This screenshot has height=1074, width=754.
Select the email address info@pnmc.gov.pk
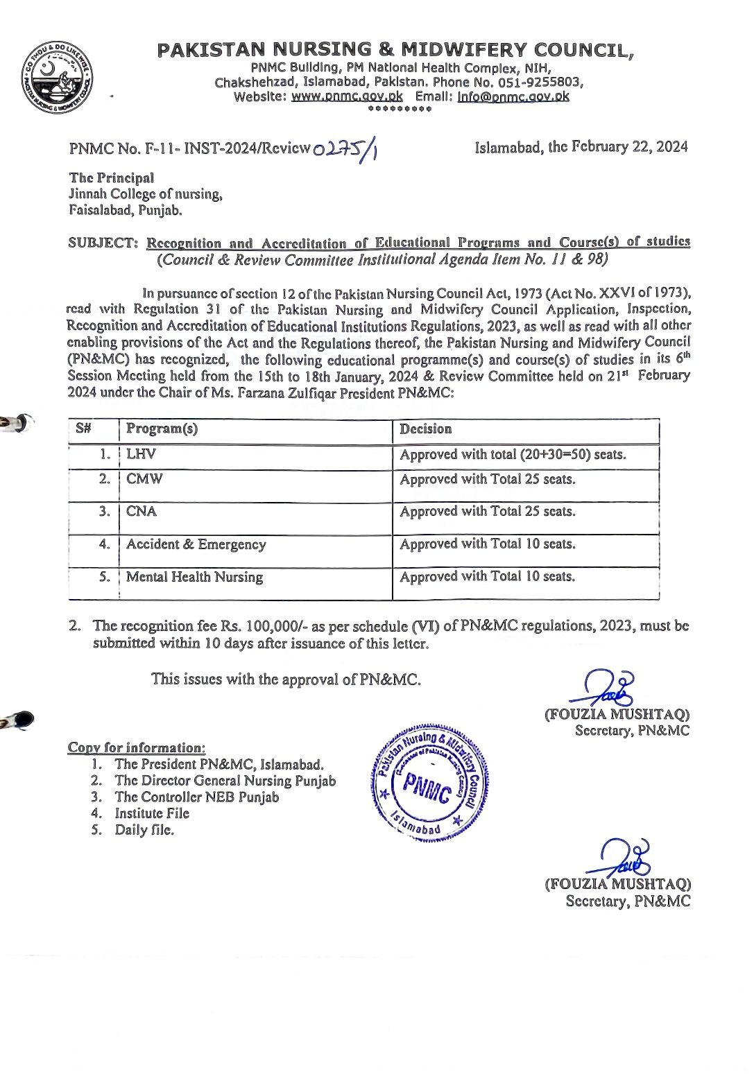(x=513, y=96)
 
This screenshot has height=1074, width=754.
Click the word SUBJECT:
(x=103, y=243)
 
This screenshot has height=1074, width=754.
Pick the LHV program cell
(x=142, y=455)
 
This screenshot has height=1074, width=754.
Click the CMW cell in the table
(x=144, y=480)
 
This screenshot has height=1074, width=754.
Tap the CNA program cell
(x=142, y=512)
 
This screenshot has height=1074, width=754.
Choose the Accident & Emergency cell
(x=196, y=544)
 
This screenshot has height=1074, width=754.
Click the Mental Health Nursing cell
(x=194, y=577)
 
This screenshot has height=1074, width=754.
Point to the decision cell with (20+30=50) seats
(x=513, y=455)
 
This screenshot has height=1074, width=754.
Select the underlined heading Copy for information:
(x=137, y=747)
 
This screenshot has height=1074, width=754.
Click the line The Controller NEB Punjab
(x=197, y=797)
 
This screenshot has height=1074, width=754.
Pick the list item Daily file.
(x=144, y=830)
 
